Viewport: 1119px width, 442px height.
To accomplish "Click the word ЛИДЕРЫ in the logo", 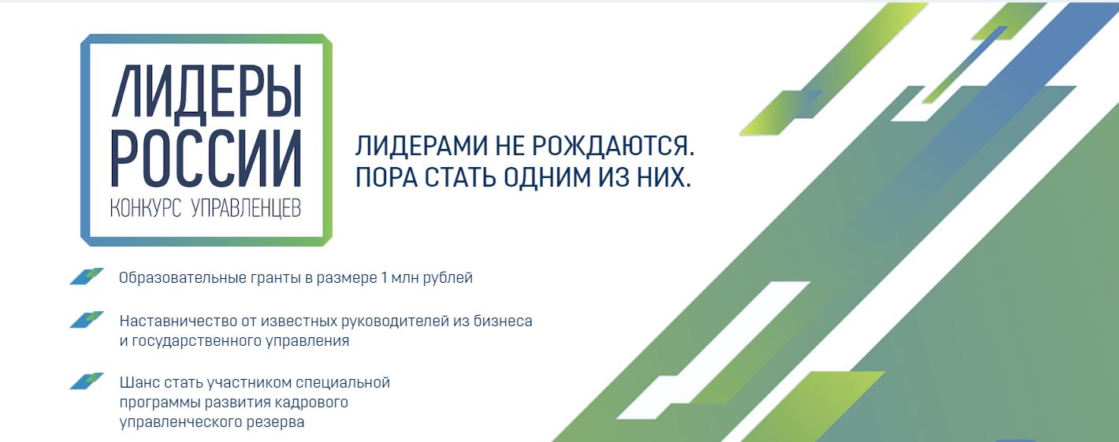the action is tap(206, 92).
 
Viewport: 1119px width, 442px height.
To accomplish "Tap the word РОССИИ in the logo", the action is tap(206, 158).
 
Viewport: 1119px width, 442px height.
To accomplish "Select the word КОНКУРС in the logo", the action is tap(145, 208).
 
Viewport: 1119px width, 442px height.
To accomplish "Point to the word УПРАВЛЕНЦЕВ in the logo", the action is tap(247, 208).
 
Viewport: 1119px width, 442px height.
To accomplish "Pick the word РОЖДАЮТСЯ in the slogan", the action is tap(612, 146).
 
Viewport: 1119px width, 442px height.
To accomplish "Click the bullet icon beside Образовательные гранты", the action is tap(87, 277).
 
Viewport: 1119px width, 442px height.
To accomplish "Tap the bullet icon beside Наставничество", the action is tap(87, 320).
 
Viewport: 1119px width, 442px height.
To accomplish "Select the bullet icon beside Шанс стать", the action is tap(87, 381).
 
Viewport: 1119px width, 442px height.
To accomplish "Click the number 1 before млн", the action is tap(384, 277).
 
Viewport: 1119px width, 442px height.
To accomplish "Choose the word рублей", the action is tap(448, 278).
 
